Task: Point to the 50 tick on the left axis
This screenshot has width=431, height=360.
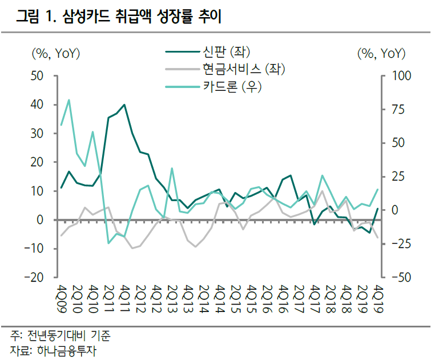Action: click(x=37, y=75)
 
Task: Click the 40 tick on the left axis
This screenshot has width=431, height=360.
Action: click(x=37, y=105)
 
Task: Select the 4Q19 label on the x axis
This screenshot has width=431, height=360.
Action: click(x=377, y=297)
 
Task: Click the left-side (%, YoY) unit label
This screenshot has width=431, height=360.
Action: click(x=55, y=54)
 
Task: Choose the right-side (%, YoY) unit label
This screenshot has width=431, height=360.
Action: click(x=381, y=54)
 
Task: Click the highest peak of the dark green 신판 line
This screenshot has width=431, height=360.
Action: click(x=124, y=105)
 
